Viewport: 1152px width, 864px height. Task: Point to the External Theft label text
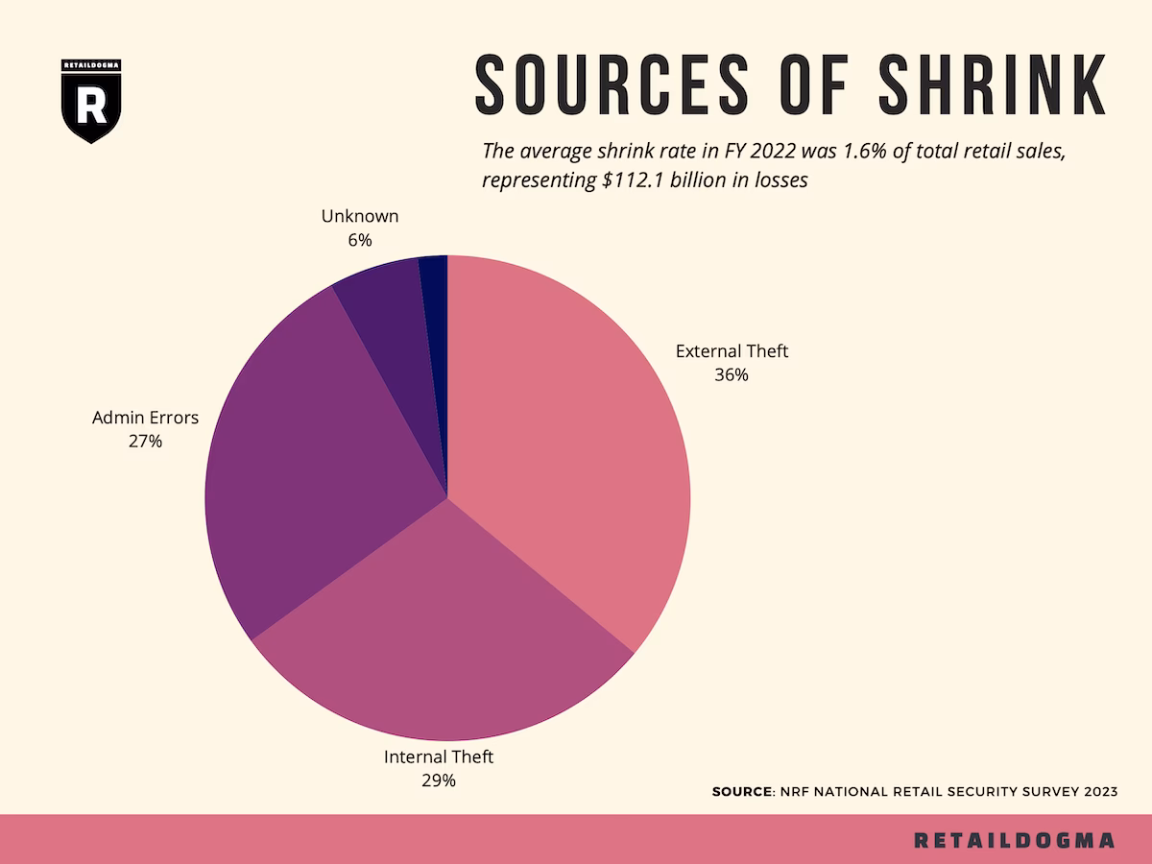[x=732, y=351]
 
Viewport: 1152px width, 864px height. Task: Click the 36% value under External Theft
[x=732, y=375]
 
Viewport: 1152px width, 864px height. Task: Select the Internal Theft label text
[x=439, y=756]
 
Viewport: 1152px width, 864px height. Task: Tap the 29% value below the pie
[x=439, y=780]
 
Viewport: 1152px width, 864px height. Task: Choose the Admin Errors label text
[x=145, y=418]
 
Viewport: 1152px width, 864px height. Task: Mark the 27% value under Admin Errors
[x=145, y=442]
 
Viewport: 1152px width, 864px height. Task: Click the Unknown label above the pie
[x=360, y=216]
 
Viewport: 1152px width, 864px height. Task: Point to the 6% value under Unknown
[x=360, y=240]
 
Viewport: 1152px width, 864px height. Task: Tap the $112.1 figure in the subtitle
[x=635, y=180]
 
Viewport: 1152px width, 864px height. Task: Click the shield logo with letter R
[x=91, y=102]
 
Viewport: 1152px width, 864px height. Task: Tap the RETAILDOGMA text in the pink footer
[x=1015, y=840]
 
